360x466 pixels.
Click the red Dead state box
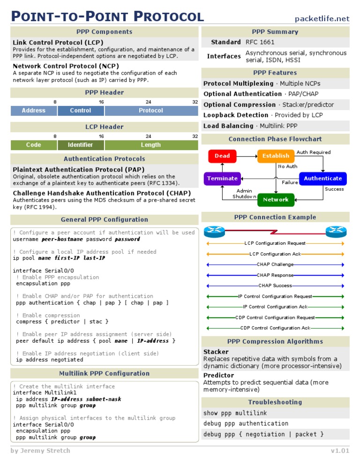tap(222, 156)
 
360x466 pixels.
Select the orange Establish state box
tap(276, 156)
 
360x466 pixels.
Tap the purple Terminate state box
tap(222, 179)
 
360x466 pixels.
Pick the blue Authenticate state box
tap(322, 179)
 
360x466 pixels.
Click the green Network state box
tap(276, 200)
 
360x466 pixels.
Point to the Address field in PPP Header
tap(34, 111)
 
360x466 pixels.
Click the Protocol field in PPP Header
tap(151, 111)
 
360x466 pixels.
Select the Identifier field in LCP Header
tap(80, 145)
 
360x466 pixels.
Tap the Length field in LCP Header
tap(151, 145)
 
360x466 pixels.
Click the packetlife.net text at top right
tap(322, 19)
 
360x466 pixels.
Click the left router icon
tap(215, 231)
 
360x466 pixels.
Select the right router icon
tap(336, 231)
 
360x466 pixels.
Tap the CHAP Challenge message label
tap(275, 264)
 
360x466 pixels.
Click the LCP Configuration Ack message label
tap(275, 254)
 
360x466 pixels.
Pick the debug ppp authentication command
tap(239, 424)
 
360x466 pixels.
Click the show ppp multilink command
tap(235, 413)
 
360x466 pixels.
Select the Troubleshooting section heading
tap(275, 402)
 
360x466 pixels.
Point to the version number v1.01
tap(340, 451)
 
